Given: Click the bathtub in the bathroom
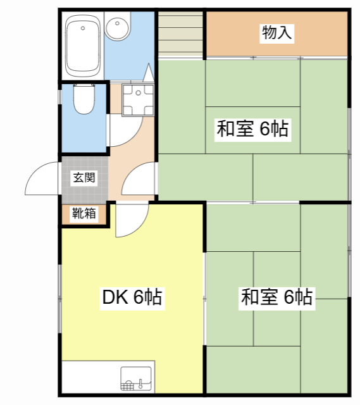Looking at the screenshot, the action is tap(83, 46).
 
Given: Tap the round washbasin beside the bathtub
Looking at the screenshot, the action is tap(117, 27).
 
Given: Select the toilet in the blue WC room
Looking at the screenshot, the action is tap(84, 99).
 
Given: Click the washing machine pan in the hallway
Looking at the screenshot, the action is tap(138, 100).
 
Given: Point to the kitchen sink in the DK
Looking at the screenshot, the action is tap(136, 378).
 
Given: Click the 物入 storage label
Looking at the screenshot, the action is tap(277, 33).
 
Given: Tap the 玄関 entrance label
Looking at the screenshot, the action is tap(84, 177).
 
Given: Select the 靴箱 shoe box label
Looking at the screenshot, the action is tap(84, 213).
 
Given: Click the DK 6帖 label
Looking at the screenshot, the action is tap(132, 297).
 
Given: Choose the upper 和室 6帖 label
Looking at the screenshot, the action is tap(252, 129).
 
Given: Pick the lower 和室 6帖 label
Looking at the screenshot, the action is tap(277, 297).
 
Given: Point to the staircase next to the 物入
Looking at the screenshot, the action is tap(180, 33).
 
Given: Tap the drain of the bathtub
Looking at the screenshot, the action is tap(83, 28).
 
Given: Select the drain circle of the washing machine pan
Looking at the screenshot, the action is tap(139, 93).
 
